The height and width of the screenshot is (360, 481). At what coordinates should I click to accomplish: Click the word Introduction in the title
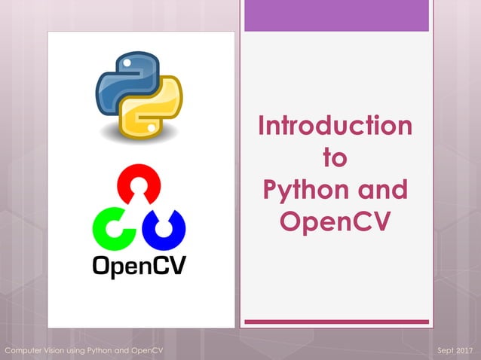(335, 125)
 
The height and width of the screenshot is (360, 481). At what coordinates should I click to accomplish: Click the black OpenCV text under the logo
(139, 266)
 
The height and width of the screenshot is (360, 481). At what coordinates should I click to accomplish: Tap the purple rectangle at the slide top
(336, 16)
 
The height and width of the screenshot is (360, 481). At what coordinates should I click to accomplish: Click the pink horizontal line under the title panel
(336, 322)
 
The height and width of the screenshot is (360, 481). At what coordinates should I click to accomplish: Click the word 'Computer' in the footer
(26, 352)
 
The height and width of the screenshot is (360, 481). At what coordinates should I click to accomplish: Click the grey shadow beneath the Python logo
(139, 138)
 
